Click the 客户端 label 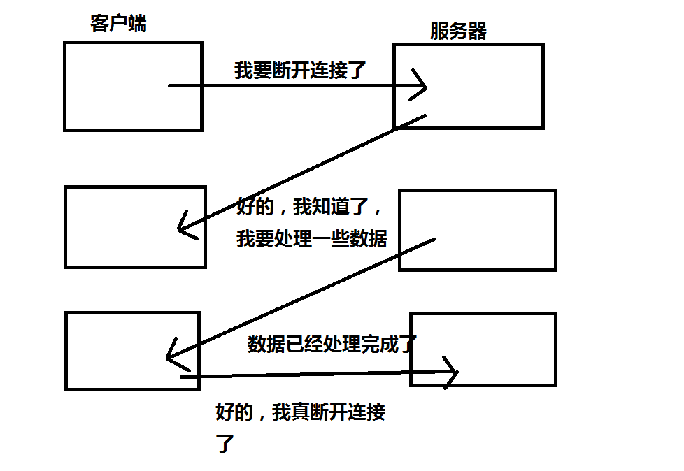[x=118, y=23]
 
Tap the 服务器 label [x=458, y=31]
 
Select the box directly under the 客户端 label [x=133, y=86]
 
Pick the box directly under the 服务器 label [x=468, y=86]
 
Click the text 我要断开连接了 [x=300, y=70]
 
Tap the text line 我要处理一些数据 [x=312, y=238]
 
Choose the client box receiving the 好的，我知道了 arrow [x=135, y=226]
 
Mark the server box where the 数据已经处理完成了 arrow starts [x=477, y=229]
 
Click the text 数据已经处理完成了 [x=332, y=344]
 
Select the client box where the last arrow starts [x=132, y=350]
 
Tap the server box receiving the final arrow [x=483, y=349]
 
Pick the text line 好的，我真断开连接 [x=301, y=412]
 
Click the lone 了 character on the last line [x=224, y=444]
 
